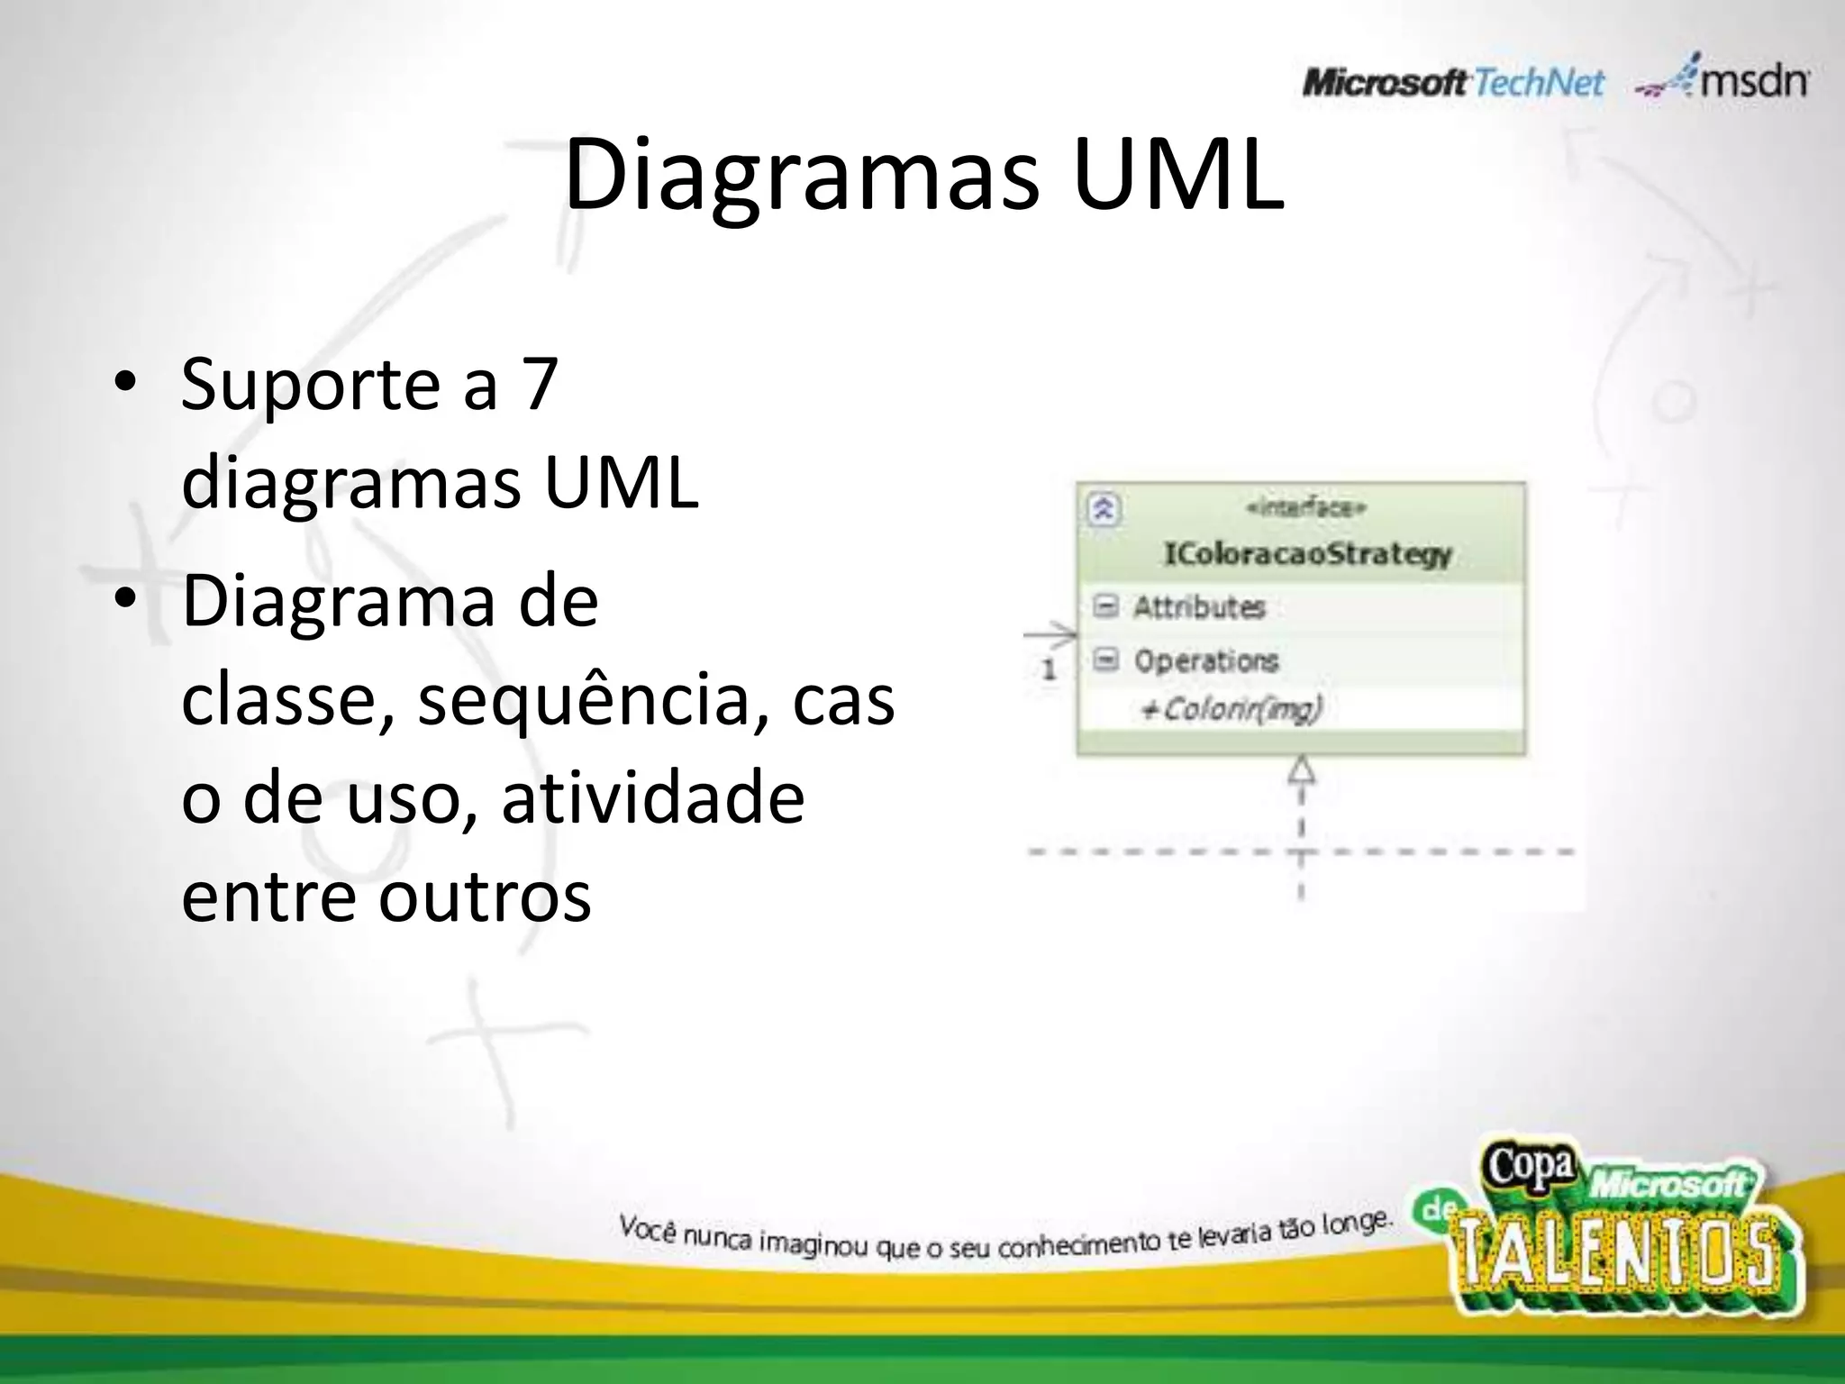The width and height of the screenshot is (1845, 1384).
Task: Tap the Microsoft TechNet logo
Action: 1452,84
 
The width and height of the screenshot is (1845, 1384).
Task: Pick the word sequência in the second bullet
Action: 582,700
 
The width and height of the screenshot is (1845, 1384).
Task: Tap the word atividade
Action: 652,798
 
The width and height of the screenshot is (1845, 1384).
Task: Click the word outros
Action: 485,897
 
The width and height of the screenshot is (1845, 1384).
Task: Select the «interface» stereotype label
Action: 1306,509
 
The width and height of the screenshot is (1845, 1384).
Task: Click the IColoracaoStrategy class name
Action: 1307,553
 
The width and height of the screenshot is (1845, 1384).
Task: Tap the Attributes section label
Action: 1199,607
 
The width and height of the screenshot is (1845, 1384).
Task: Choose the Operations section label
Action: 1205,660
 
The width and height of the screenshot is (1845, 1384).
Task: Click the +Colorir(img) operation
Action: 1231,710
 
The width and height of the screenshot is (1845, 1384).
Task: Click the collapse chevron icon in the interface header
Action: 1104,510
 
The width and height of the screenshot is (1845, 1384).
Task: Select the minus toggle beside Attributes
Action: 1105,606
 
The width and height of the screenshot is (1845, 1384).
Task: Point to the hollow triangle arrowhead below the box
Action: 1301,769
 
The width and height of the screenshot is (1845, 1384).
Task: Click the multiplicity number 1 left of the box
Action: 1049,669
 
